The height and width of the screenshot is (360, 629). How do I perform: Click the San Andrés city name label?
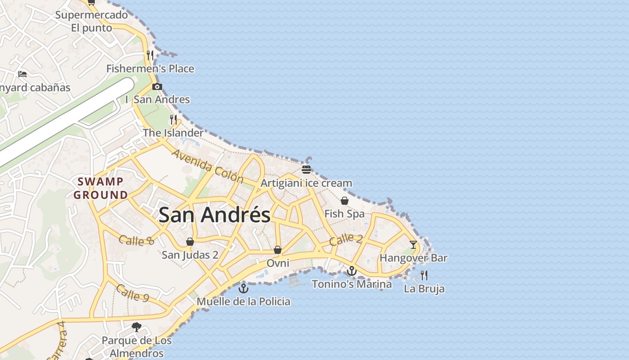pyautogui.click(x=215, y=215)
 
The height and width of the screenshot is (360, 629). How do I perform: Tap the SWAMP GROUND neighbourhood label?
pyautogui.click(x=101, y=189)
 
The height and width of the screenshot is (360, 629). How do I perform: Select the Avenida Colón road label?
pyautogui.click(x=207, y=166)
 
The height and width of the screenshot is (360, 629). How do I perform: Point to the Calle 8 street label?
pyautogui.click(x=137, y=240)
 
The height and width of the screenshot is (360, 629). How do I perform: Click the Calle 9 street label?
pyautogui.click(x=132, y=292)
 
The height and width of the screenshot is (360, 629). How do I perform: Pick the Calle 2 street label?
pyautogui.click(x=346, y=239)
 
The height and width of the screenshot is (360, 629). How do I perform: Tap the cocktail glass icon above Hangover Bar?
pyautogui.click(x=413, y=245)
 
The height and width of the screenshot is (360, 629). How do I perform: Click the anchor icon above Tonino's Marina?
pyautogui.click(x=351, y=271)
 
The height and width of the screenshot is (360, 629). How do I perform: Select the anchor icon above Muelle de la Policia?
pyautogui.click(x=244, y=288)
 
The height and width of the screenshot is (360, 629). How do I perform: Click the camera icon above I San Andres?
pyautogui.click(x=157, y=86)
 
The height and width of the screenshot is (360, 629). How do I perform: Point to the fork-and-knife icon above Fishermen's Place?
pyautogui.click(x=150, y=55)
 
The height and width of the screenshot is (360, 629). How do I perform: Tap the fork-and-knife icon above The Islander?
pyautogui.click(x=173, y=119)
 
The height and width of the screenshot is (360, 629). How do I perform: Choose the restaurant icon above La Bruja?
pyautogui.click(x=424, y=275)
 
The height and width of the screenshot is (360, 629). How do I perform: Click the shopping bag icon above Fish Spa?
pyautogui.click(x=345, y=201)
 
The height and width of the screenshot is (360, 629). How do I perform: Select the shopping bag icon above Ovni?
pyautogui.click(x=278, y=250)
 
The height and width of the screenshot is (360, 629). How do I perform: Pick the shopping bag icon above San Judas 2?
pyautogui.click(x=190, y=242)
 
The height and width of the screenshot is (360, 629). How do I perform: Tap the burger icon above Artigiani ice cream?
pyautogui.click(x=306, y=170)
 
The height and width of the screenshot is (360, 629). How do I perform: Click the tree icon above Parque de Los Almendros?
pyautogui.click(x=137, y=327)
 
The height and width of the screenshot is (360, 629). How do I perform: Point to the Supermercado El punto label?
pyautogui.click(x=92, y=21)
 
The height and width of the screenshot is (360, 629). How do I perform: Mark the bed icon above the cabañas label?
pyautogui.click(x=22, y=74)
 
